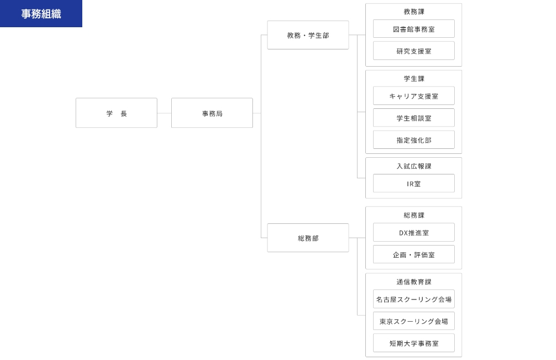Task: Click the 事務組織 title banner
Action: tap(41, 13)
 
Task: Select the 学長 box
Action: tap(116, 113)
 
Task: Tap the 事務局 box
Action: tap(212, 113)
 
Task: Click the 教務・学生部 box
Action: tap(308, 35)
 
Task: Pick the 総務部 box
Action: tap(308, 238)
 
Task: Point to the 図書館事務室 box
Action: tap(414, 29)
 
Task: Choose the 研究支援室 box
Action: tap(414, 51)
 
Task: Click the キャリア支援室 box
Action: tap(414, 96)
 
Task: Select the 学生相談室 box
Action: tap(414, 118)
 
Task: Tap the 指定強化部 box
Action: tap(414, 140)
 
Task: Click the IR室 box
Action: tap(414, 183)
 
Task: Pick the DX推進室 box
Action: tap(414, 232)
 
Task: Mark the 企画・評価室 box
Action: tap(414, 254)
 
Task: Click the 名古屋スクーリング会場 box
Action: tap(414, 299)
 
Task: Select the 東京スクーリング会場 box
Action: tap(414, 321)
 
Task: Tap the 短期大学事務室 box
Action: tap(414, 343)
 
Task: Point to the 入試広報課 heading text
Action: tap(414, 166)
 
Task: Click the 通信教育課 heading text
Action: tap(414, 282)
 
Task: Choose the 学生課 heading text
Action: tap(414, 78)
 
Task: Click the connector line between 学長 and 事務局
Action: tap(164, 113)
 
